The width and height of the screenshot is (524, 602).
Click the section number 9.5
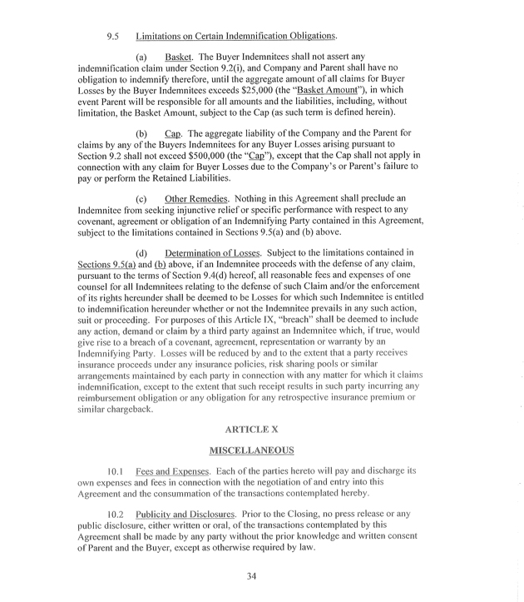coord(114,37)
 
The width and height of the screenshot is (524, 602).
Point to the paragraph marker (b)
coord(141,133)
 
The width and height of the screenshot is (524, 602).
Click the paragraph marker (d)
coord(141,252)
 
